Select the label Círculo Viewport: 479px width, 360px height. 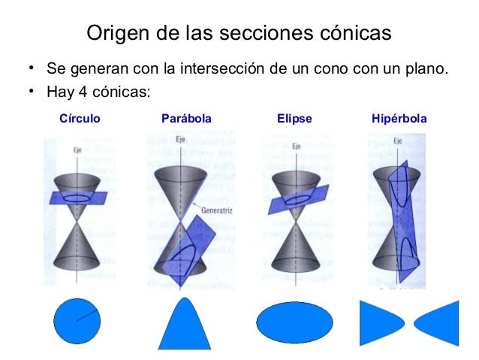tap(80, 119)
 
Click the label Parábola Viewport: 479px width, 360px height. tap(186, 119)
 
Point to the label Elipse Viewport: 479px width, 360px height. tap(294, 119)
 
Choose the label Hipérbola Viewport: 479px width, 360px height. tap(399, 119)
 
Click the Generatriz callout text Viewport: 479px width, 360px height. tap(215, 210)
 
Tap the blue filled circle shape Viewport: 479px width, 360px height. tap(77, 322)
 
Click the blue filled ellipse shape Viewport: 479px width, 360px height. tap(294, 322)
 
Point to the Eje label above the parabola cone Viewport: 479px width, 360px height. tap(181, 140)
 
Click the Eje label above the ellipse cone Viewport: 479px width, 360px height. tap(297, 146)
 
